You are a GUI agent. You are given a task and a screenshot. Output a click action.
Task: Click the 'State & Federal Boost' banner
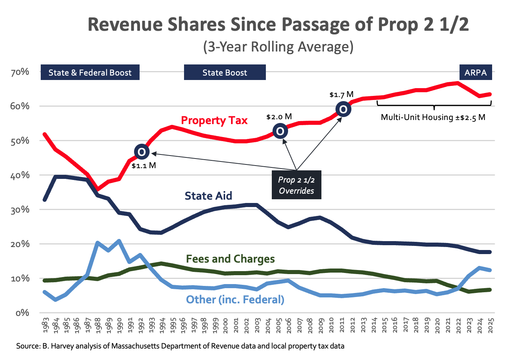pyautogui.click(x=90, y=73)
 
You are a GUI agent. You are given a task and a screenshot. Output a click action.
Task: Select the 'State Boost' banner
pyautogui.click(x=225, y=73)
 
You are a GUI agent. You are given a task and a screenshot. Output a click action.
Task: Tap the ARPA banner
pyautogui.click(x=476, y=73)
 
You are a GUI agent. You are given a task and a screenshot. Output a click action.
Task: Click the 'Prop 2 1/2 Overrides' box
pyautogui.click(x=296, y=185)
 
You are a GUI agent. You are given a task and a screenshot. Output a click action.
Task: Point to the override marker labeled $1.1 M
pyautogui.click(x=141, y=151)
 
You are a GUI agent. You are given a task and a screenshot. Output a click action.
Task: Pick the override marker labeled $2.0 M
pyautogui.click(x=280, y=131)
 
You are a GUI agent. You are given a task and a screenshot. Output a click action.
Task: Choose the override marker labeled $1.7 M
pyautogui.click(x=343, y=109)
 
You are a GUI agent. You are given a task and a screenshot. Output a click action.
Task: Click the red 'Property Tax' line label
pyautogui.click(x=214, y=120)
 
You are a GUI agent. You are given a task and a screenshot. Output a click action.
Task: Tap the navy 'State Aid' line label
pyautogui.click(x=208, y=196)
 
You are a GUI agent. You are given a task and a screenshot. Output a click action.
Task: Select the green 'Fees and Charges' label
pyautogui.click(x=230, y=259)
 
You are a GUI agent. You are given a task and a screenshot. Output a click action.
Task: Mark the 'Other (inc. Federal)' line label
pyautogui.click(x=235, y=299)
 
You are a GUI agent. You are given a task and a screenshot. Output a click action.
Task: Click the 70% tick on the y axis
pyautogui.click(x=20, y=72)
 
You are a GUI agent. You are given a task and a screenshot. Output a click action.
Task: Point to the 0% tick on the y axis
pyautogui.click(x=22, y=313)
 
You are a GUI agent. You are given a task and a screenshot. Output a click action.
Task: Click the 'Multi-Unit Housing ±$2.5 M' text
pyautogui.click(x=433, y=117)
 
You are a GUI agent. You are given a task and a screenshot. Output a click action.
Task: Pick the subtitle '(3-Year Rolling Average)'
pyautogui.click(x=278, y=47)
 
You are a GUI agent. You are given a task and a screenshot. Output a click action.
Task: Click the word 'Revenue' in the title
pyautogui.click(x=125, y=25)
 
